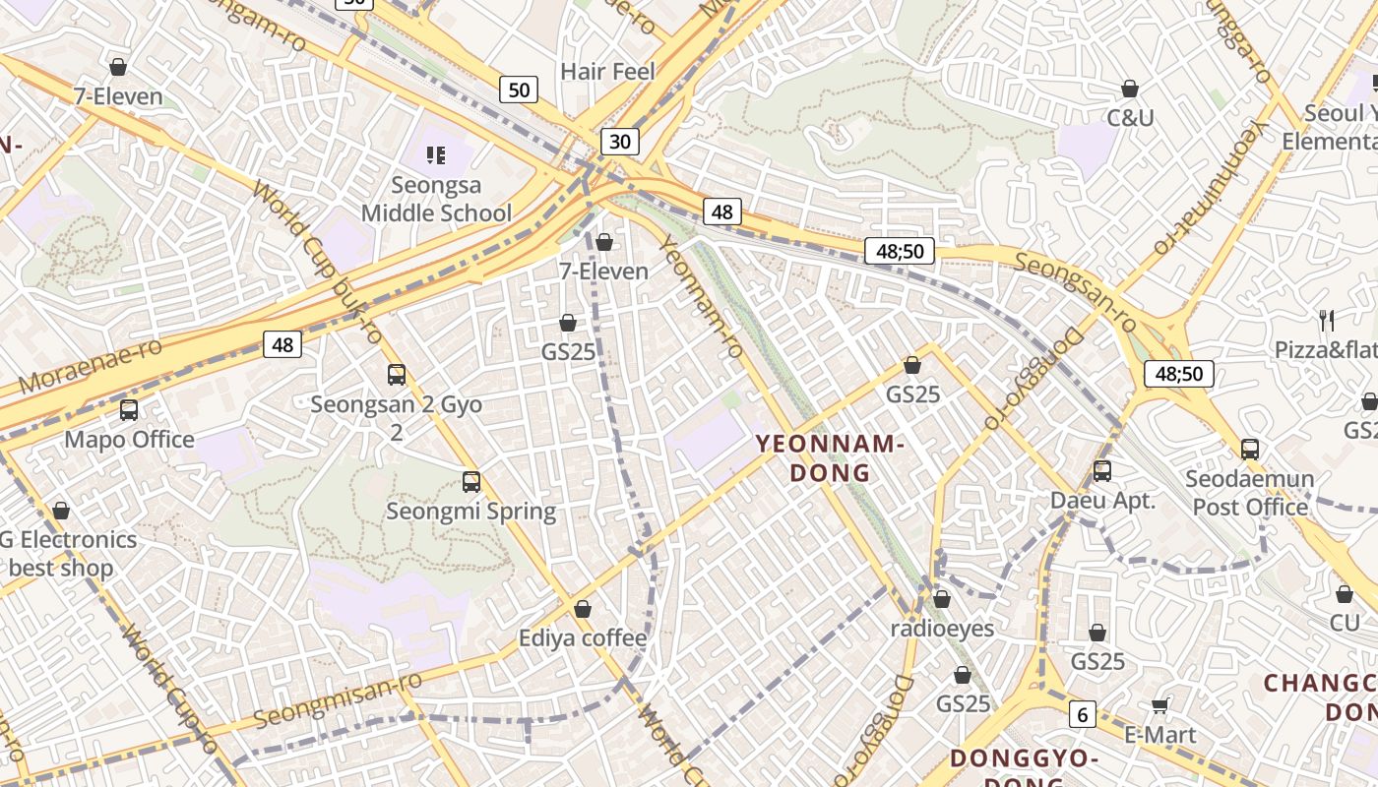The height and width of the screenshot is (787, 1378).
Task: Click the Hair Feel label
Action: tap(607, 71)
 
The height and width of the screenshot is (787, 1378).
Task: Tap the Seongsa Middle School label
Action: tap(436, 199)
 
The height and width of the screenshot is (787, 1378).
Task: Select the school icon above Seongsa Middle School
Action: tap(436, 154)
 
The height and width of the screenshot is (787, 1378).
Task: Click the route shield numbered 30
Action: tap(619, 142)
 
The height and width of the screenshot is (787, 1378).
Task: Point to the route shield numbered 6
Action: tap(1083, 715)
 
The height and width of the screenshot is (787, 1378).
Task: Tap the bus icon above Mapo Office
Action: tap(129, 410)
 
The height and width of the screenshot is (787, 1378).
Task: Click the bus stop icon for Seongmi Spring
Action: tap(471, 482)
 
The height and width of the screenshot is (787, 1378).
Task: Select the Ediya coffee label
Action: tap(583, 638)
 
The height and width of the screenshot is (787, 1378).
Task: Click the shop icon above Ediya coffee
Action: tap(583, 610)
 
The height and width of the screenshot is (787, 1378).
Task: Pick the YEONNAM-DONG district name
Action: tap(831, 458)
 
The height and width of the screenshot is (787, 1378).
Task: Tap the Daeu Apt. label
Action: tap(1102, 500)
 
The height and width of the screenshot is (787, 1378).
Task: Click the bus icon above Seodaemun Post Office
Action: tap(1250, 450)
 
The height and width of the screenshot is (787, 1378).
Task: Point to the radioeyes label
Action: tap(942, 628)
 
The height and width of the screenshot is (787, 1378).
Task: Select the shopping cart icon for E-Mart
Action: tap(1160, 704)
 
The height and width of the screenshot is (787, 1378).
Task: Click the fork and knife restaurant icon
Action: tap(1327, 320)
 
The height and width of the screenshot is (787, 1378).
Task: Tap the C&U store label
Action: tap(1130, 118)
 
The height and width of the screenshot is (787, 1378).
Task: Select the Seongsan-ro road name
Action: tap(1075, 291)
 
